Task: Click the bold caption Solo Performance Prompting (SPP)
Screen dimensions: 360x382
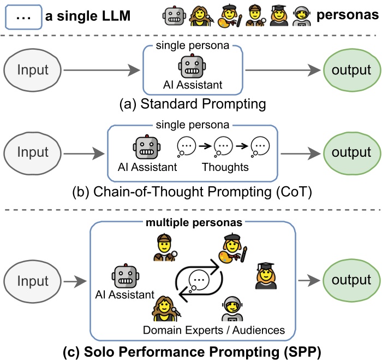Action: click(191, 350)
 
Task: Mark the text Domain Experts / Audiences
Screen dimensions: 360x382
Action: click(214, 330)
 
